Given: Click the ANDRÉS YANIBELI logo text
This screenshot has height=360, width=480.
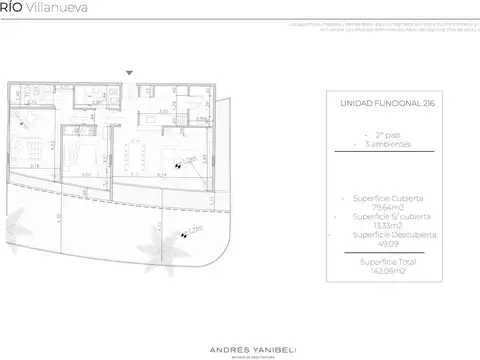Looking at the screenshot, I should [x=239, y=321].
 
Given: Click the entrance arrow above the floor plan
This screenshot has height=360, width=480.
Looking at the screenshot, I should [x=129, y=73].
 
